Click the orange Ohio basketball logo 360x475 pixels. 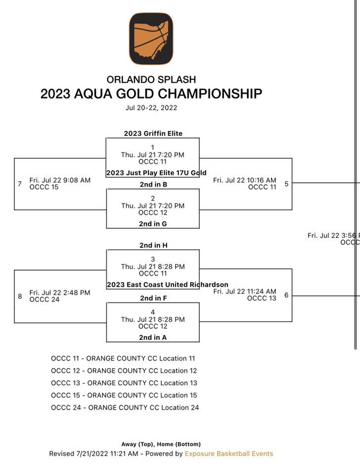[x=151, y=39]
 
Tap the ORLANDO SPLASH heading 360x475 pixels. [x=151, y=79]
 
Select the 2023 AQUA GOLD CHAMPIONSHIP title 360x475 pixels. [x=151, y=94]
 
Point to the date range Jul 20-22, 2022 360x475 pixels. [x=151, y=107]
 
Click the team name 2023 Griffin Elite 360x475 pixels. [x=153, y=134]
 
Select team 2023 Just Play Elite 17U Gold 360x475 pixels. [x=156, y=173]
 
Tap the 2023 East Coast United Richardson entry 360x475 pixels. [x=167, y=285]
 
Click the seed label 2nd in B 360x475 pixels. [x=153, y=185]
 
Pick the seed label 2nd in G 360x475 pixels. [x=153, y=224]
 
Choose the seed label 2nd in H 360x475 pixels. [x=153, y=245]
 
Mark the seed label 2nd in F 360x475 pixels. [x=153, y=298]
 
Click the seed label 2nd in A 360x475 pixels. [x=153, y=338]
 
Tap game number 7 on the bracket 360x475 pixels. [x=20, y=184]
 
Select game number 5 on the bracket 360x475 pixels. [x=286, y=184]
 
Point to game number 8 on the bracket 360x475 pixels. [x=20, y=296]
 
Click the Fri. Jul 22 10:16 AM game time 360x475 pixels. [x=244, y=181]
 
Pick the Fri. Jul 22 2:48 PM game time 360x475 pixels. [x=60, y=293]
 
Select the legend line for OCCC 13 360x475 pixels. [x=124, y=383]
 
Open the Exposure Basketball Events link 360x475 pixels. [x=228, y=454]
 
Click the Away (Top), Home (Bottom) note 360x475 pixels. [x=161, y=444]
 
